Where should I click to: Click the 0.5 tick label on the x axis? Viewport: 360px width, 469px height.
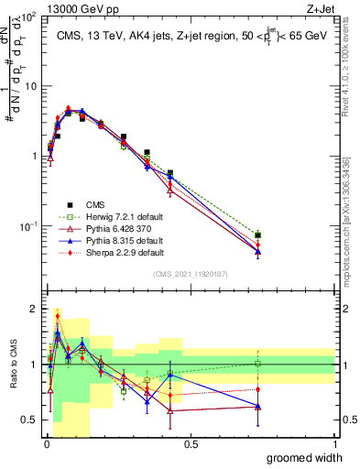(191, 444)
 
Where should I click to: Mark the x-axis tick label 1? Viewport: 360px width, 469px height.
(334, 444)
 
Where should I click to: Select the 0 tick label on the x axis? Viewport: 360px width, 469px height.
(47, 444)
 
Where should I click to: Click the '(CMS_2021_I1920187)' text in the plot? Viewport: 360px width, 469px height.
(191, 275)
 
